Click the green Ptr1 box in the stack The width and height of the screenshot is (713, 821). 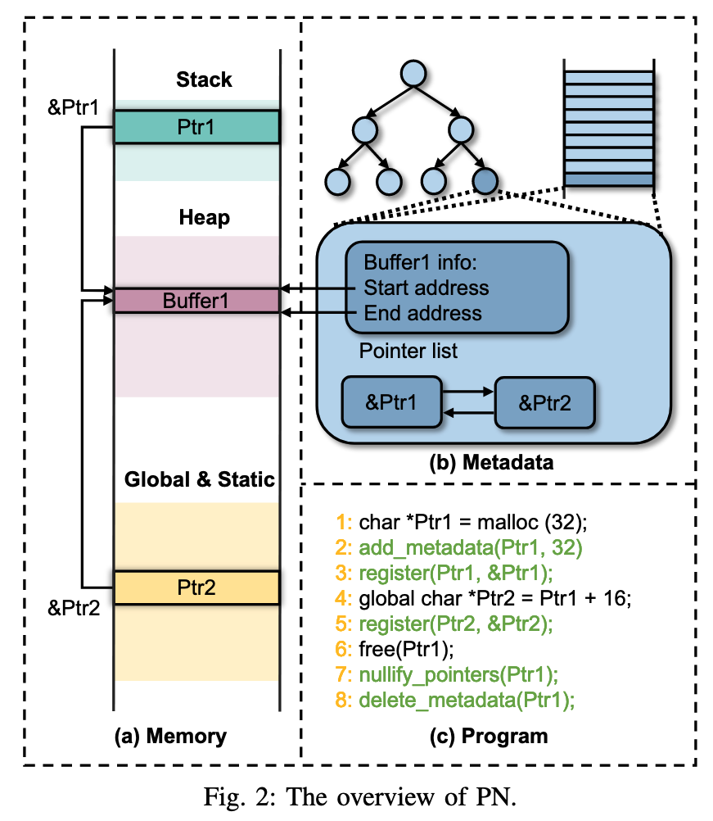click(196, 127)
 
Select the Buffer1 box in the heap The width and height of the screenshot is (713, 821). click(196, 300)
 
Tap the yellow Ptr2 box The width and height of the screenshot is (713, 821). click(196, 587)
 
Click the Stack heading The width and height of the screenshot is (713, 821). click(204, 79)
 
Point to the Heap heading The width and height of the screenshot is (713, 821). click(204, 218)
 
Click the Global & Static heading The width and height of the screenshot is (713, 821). click(199, 479)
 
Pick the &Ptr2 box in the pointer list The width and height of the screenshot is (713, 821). click(544, 402)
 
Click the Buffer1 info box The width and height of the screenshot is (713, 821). click(457, 288)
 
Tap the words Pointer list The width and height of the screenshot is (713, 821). click(408, 352)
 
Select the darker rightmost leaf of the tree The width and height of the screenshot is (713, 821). click(485, 180)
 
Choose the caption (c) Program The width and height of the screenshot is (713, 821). click(489, 737)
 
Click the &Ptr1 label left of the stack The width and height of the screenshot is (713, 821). click(73, 107)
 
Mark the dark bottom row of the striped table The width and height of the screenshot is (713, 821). click(609, 180)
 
